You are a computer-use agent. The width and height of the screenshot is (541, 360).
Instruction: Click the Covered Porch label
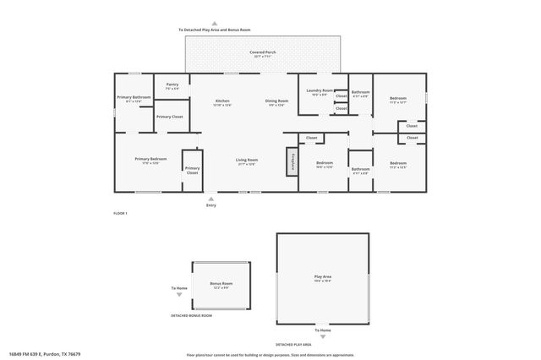(262, 53)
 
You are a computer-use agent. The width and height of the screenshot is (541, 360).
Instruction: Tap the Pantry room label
(172, 85)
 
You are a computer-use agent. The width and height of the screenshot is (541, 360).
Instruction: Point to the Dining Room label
(278, 102)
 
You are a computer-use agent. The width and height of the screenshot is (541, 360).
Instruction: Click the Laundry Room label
(320, 91)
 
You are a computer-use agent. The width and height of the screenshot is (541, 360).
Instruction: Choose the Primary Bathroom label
(134, 98)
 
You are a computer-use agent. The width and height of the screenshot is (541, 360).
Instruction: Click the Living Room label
(246, 160)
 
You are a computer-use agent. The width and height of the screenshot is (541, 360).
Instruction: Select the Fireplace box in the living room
(292, 161)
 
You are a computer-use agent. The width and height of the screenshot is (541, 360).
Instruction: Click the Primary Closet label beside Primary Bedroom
(193, 170)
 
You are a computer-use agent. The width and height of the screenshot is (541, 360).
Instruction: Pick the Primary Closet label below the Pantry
(169, 117)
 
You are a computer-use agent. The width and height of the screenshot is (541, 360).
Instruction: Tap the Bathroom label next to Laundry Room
(361, 92)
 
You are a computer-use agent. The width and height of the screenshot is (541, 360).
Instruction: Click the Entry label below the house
(210, 205)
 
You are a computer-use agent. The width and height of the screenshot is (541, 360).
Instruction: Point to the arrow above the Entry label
(210, 199)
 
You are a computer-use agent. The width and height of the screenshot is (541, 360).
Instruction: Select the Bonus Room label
(221, 284)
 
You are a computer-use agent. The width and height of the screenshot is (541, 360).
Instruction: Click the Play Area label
(322, 276)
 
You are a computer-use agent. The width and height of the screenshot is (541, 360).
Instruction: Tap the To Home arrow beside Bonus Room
(179, 295)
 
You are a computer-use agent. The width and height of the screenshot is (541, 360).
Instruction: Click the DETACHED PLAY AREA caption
(294, 345)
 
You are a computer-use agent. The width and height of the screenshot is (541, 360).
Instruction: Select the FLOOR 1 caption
(120, 213)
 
